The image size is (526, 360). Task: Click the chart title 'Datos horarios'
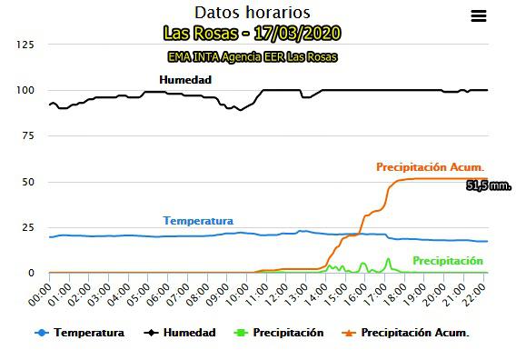pos(253,13)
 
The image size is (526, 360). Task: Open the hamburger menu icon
pos(479,15)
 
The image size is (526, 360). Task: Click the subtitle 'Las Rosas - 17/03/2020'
pos(253,34)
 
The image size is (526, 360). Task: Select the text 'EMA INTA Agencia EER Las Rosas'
pos(253,56)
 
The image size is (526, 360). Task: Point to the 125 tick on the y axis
pos(26,45)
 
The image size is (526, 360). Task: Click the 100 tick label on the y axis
pos(26,91)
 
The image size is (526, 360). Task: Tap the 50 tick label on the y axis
pos(29,182)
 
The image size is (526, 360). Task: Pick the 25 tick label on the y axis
pos(29,227)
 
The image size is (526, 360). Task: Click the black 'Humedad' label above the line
pos(185,80)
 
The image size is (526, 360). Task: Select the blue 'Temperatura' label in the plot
pos(198,221)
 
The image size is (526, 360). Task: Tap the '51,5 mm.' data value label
pos(489,186)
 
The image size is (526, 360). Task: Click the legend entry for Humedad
pos(181,333)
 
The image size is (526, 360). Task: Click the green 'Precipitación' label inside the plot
pos(448,261)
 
